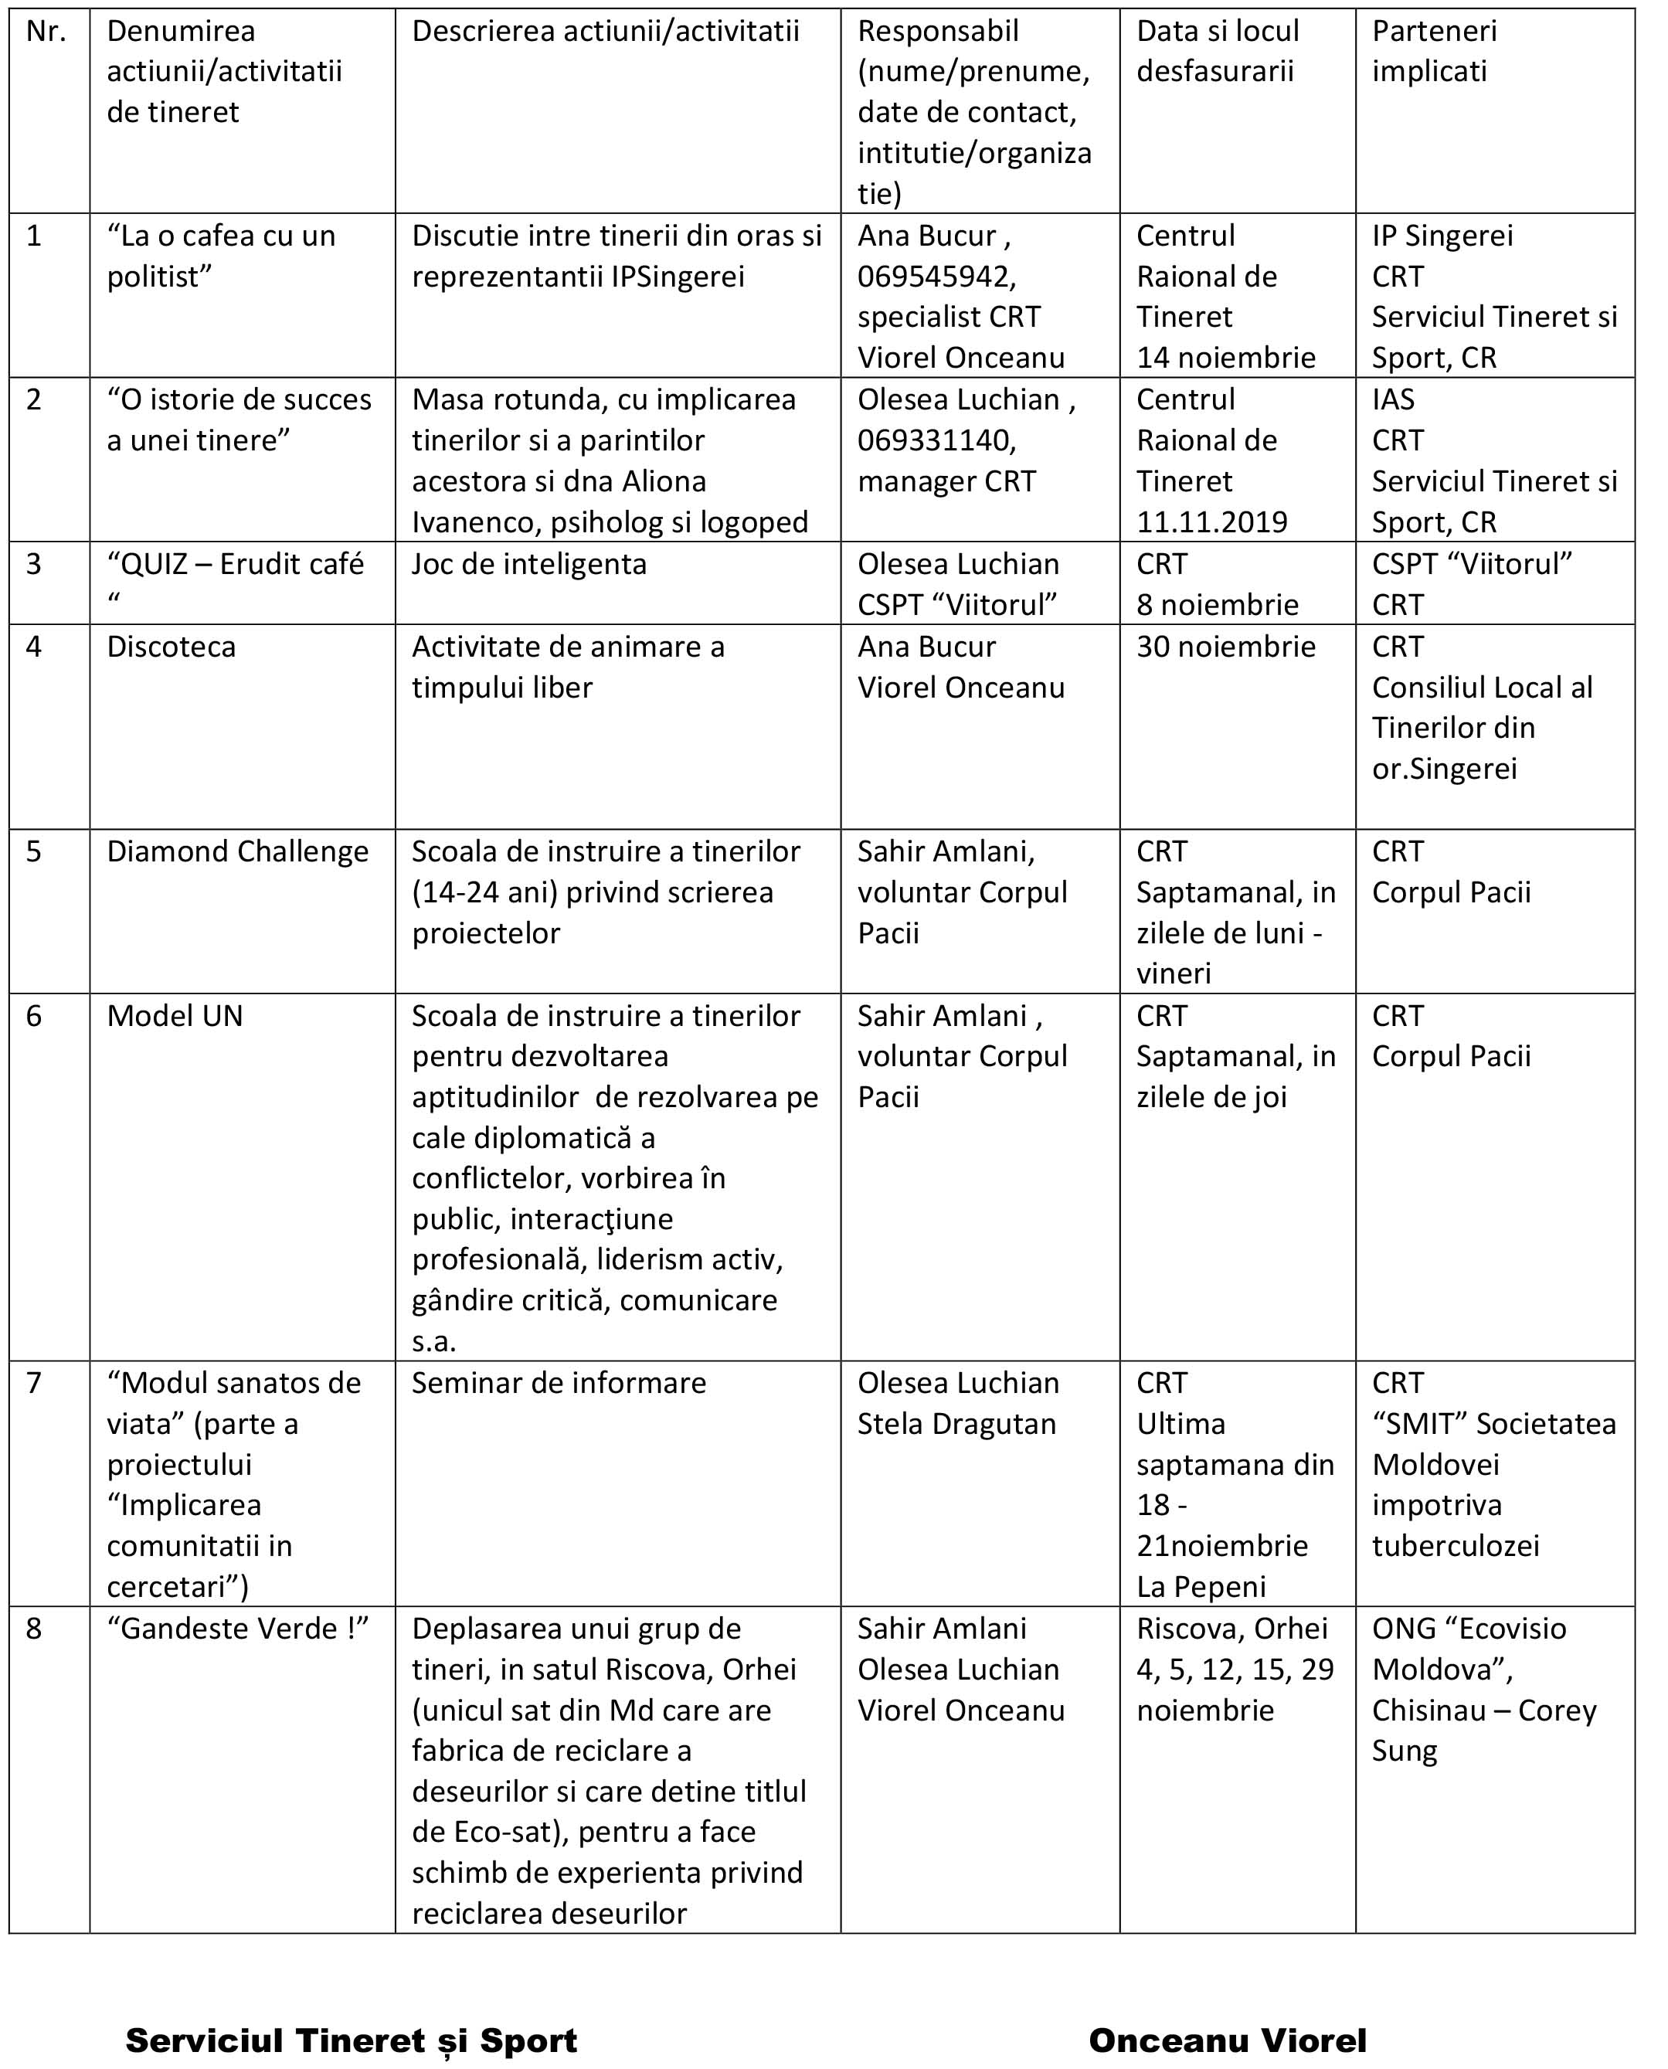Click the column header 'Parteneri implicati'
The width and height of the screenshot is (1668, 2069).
pyautogui.click(x=1434, y=51)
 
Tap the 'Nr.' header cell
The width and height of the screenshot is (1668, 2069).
pyautogui.click(x=46, y=32)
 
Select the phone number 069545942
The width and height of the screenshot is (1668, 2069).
pyautogui.click(x=936, y=277)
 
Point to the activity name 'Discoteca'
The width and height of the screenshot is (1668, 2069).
pyautogui.click(x=171, y=647)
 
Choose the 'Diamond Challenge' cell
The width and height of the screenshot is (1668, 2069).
pyautogui.click(x=237, y=851)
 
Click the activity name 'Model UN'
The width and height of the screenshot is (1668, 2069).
pyautogui.click(x=175, y=1016)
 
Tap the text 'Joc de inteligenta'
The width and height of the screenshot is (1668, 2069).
pyautogui.click(x=529, y=564)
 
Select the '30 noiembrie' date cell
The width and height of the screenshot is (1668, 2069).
pyautogui.click(x=1225, y=647)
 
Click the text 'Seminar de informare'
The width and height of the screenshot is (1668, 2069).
pyautogui.click(x=559, y=1383)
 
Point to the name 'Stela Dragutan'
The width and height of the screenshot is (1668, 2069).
pyautogui.click(x=956, y=1423)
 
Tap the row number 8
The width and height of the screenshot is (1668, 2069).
pyautogui.click(x=35, y=1629)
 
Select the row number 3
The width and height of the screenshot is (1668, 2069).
pyautogui.click(x=35, y=564)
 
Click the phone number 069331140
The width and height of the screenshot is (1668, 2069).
pyautogui.click(x=936, y=441)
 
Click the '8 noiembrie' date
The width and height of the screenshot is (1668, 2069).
pyautogui.click(x=1216, y=606)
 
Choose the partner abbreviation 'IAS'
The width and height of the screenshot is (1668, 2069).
pyautogui.click(x=1392, y=399)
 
